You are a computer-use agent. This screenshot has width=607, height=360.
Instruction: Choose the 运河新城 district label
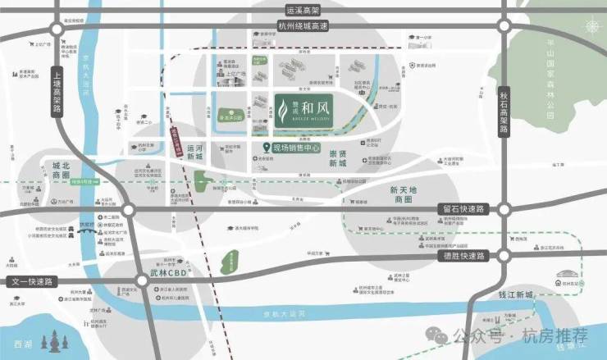pyautogui.click(x=194, y=157)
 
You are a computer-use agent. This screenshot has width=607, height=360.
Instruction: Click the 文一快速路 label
pyautogui.click(x=30, y=282)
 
